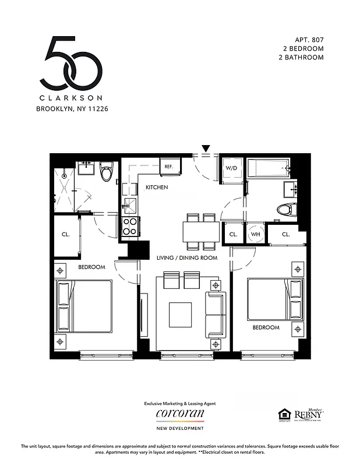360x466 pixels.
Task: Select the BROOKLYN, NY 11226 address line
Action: click(72, 108)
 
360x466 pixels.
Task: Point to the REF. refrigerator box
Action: click(169, 167)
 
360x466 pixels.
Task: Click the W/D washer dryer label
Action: click(231, 168)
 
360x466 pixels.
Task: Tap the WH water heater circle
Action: click(255, 234)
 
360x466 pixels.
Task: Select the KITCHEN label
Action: click(157, 188)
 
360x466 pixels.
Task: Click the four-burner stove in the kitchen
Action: click(129, 225)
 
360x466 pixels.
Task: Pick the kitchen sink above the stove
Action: click(129, 205)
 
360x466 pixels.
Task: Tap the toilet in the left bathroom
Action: click(105, 172)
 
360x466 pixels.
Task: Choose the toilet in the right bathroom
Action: click(286, 210)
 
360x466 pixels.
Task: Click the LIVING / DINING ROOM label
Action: click(186, 257)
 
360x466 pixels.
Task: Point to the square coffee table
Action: click(180, 315)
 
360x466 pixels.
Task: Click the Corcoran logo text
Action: click(180, 413)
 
